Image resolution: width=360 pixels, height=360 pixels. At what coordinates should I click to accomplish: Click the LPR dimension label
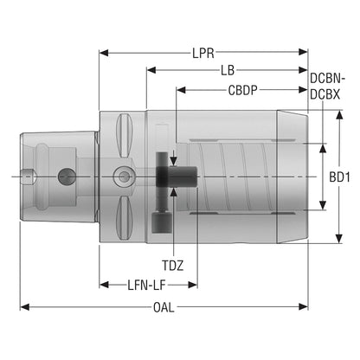(203, 53)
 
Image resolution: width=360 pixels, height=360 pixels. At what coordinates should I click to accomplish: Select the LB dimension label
(228, 70)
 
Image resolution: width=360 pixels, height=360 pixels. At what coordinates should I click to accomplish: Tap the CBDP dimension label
(243, 90)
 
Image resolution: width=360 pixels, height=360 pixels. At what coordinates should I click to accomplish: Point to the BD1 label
(340, 177)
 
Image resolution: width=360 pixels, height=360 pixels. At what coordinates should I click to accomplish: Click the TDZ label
(172, 266)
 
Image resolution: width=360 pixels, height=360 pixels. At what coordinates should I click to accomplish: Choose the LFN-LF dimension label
(147, 286)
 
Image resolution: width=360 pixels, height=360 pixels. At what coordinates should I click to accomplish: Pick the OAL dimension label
(164, 307)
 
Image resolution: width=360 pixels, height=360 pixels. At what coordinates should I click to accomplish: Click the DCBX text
(325, 94)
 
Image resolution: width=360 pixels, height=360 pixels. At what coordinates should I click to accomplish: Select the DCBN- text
(328, 78)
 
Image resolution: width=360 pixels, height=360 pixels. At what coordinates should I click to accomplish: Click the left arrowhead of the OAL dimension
(24, 307)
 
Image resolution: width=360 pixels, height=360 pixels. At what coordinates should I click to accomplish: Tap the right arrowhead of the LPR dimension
(303, 52)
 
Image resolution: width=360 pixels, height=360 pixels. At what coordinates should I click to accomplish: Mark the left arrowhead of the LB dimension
(151, 70)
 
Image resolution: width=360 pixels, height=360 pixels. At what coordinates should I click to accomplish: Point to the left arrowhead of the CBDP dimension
(181, 90)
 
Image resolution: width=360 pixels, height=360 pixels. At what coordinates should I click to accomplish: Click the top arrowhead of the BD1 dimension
(339, 115)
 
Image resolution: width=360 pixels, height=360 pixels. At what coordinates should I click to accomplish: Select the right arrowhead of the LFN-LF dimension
(192, 285)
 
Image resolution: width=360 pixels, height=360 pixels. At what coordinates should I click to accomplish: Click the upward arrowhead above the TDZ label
(173, 192)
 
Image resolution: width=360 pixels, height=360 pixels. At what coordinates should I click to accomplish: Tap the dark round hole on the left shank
(67, 176)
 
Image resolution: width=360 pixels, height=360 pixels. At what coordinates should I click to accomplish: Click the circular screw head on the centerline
(124, 176)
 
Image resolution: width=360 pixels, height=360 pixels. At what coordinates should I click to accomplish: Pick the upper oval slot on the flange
(124, 135)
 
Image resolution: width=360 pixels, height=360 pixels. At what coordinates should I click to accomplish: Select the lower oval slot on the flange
(124, 217)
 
